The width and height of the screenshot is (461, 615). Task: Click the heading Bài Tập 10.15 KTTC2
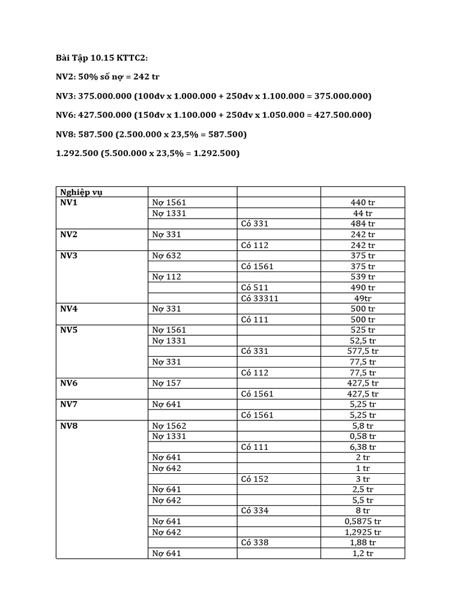pyautogui.click(x=101, y=58)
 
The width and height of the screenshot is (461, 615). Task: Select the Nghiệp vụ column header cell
pyautogui.click(x=85, y=192)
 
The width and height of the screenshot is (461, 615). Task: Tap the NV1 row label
pyautogui.click(x=69, y=202)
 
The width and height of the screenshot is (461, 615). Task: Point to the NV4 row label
pyautogui.click(x=69, y=309)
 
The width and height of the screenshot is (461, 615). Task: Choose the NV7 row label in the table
pyautogui.click(x=69, y=404)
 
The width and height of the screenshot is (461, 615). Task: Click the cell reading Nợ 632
pyautogui.click(x=166, y=255)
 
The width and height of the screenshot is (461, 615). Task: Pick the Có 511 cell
pyautogui.click(x=255, y=287)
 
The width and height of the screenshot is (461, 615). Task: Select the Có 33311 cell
pyautogui.click(x=259, y=298)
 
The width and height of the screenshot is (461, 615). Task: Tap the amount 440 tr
pyautogui.click(x=363, y=202)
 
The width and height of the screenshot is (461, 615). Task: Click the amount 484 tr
pyautogui.click(x=363, y=223)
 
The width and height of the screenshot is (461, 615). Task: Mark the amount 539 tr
pyautogui.click(x=363, y=277)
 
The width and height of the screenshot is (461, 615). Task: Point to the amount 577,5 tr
pyautogui.click(x=363, y=351)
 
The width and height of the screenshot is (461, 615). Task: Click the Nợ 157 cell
pyautogui.click(x=166, y=383)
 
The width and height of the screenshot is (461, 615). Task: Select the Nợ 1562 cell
pyautogui.click(x=169, y=425)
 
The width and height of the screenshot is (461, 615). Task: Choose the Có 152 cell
pyautogui.click(x=255, y=479)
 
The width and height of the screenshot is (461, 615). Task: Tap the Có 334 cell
pyautogui.click(x=255, y=510)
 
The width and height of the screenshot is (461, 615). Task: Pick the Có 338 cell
pyautogui.click(x=255, y=542)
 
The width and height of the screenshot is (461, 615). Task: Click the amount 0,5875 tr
pyautogui.click(x=363, y=521)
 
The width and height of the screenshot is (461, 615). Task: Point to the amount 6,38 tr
pyautogui.click(x=363, y=447)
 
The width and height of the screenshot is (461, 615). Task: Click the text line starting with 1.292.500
pyautogui.click(x=148, y=153)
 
